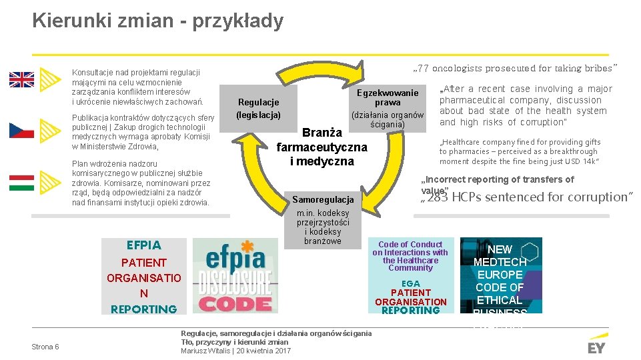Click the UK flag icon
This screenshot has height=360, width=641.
[x=21, y=80]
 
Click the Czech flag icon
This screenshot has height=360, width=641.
[x=21, y=130]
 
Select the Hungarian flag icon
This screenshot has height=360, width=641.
[x=21, y=181]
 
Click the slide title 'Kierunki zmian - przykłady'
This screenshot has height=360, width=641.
[x=157, y=21]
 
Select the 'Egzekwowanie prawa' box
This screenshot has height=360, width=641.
[x=387, y=98]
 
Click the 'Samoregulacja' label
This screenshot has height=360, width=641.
[x=323, y=200]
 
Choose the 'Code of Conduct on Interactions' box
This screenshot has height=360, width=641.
[x=410, y=256]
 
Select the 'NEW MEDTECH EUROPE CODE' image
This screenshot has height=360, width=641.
[x=500, y=275]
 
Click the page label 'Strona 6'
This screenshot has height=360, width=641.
[x=45, y=347]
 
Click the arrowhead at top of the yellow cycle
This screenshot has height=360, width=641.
[x=360, y=69]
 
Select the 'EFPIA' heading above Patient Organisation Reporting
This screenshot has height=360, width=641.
[x=143, y=245]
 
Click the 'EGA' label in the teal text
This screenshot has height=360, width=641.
[x=410, y=283]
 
